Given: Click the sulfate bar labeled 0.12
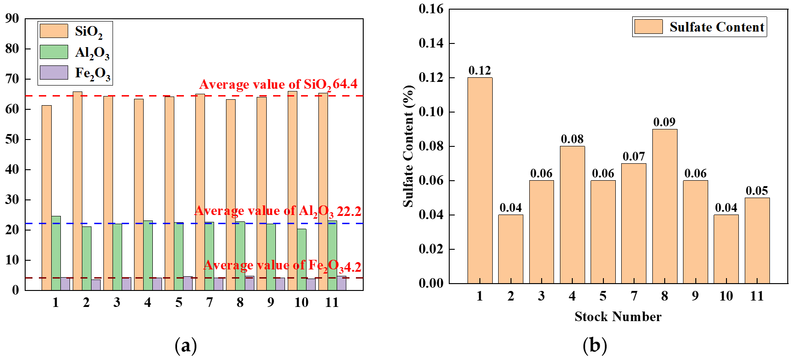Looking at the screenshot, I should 479,181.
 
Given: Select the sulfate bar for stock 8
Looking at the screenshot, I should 664,206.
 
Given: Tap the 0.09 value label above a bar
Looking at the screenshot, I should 664,122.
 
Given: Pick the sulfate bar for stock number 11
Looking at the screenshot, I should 757,241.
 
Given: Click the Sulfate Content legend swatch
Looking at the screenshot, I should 648,27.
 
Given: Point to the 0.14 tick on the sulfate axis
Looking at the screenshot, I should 431,43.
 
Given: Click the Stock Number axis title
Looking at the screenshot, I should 618,317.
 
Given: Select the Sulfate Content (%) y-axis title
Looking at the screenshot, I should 408,146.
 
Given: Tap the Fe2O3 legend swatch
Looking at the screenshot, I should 54,72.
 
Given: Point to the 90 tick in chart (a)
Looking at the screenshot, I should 12,19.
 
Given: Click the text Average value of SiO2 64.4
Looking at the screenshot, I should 278,84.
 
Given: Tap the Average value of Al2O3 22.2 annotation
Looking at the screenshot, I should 278,211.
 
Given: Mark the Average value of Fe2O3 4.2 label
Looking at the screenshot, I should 282,266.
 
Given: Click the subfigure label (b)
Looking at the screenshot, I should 594,345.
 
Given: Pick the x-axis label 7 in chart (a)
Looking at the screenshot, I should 210,302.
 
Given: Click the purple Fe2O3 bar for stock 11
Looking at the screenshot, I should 341,283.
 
